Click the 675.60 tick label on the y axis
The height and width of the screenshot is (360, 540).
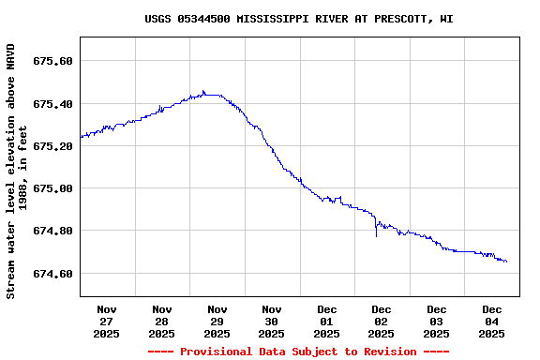coord(53,61)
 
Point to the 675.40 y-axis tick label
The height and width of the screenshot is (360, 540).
coord(53,103)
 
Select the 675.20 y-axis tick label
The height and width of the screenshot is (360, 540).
coord(53,146)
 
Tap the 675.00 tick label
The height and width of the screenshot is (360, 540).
coord(53,188)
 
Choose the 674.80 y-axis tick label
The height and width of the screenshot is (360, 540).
coord(53,231)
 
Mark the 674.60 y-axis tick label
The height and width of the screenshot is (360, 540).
coord(53,274)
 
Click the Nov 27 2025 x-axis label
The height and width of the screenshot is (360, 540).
coord(107,321)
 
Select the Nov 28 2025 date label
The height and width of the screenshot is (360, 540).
coord(161,321)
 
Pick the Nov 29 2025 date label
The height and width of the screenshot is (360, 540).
coord(217,321)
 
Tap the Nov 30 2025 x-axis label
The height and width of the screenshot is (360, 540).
coord(271,321)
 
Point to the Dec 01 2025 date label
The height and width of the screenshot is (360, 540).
coord(326,321)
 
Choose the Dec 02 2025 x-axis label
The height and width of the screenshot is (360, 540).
coord(381,321)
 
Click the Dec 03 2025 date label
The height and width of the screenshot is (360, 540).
coord(436,321)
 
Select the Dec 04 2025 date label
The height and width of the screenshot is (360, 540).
coord(491,321)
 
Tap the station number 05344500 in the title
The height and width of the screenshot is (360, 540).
coord(203,19)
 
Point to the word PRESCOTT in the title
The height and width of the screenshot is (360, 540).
coord(397,19)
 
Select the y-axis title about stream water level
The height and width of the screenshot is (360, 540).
coord(16,170)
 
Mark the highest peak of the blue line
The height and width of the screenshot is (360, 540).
coord(203,91)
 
